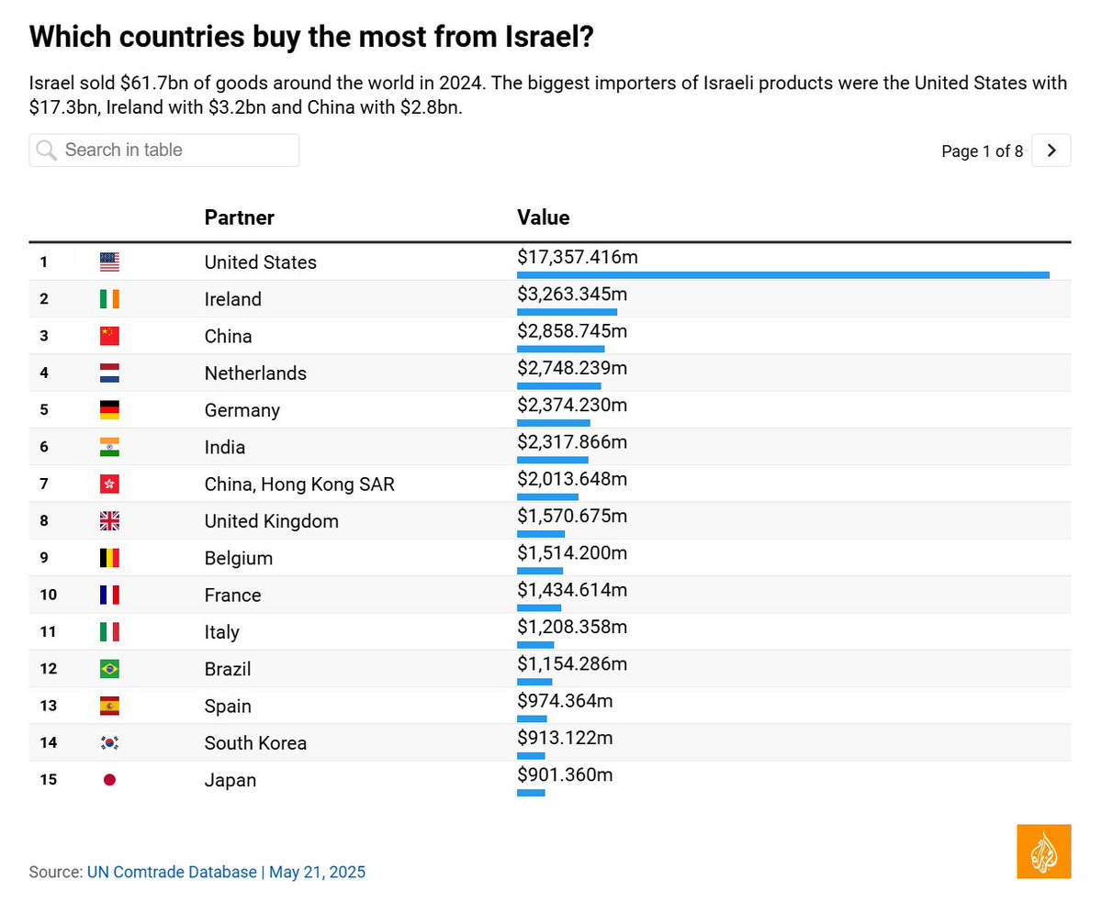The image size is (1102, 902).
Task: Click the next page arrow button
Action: click(1051, 150)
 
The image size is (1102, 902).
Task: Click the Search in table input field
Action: click(165, 150)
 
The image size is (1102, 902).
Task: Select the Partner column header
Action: click(239, 217)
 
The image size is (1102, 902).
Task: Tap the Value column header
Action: click(543, 217)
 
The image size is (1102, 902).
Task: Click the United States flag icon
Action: click(109, 262)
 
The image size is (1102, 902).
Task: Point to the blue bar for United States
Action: click(782, 274)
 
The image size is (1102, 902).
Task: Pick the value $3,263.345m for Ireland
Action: click(572, 295)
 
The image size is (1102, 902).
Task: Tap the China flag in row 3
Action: click(109, 337)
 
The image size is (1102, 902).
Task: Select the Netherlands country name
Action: click(255, 373)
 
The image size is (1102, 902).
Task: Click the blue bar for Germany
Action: click(553, 423)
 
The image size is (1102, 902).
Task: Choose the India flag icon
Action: click(109, 448)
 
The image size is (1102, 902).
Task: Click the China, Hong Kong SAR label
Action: click(299, 484)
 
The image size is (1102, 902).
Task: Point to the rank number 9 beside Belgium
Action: click(43, 558)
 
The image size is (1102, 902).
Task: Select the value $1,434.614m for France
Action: click(572, 591)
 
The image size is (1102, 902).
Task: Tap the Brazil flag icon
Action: click(109, 670)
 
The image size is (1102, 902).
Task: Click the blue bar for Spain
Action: click(532, 718)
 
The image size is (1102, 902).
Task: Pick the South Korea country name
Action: click(255, 743)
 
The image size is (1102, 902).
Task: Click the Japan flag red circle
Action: click(109, 780)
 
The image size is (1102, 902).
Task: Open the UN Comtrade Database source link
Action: click(172, 872)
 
